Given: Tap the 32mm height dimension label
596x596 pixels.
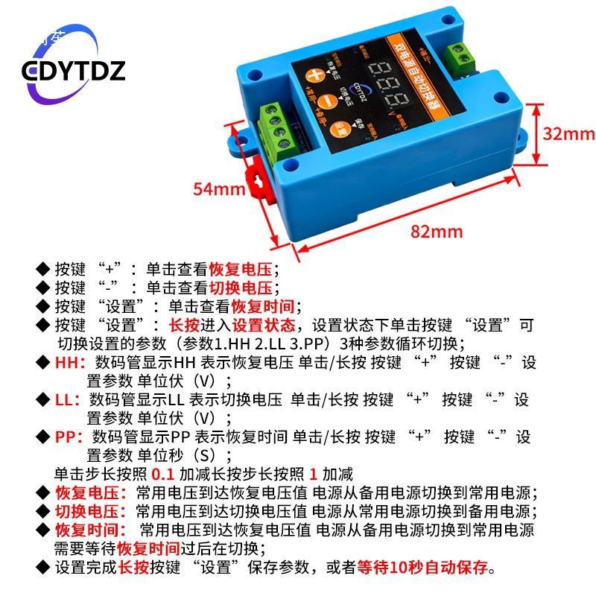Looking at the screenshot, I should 568,133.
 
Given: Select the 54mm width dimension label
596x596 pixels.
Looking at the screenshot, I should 219,188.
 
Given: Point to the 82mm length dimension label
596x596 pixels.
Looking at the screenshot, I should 437,231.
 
